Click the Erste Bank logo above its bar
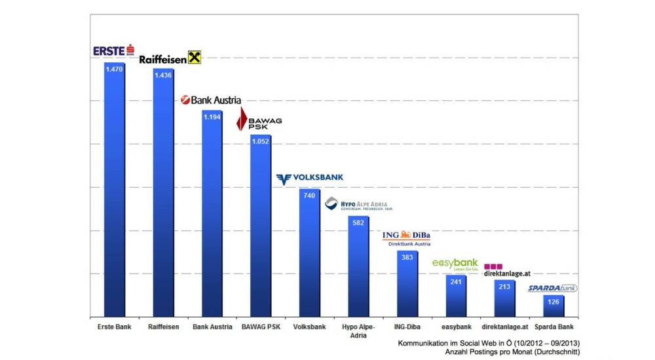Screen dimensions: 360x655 [114, 50]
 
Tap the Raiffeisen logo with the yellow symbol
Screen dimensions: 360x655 [170, 58]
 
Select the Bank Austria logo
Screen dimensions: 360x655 [211, 100]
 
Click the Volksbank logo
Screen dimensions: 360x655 [309, 178]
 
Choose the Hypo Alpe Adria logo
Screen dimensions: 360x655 [359, 204]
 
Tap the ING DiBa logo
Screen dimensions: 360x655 [406, 236]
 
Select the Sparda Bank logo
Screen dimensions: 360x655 [553, 288]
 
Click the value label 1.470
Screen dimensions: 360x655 [114, 67]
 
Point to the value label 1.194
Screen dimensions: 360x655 [212, 117]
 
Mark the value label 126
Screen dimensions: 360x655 [553, 302]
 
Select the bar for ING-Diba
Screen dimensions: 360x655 [407, 285]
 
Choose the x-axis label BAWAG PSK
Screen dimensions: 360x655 [260, 327]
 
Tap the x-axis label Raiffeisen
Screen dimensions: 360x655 [163, 327]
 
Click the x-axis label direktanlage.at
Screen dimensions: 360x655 [505, 327]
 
